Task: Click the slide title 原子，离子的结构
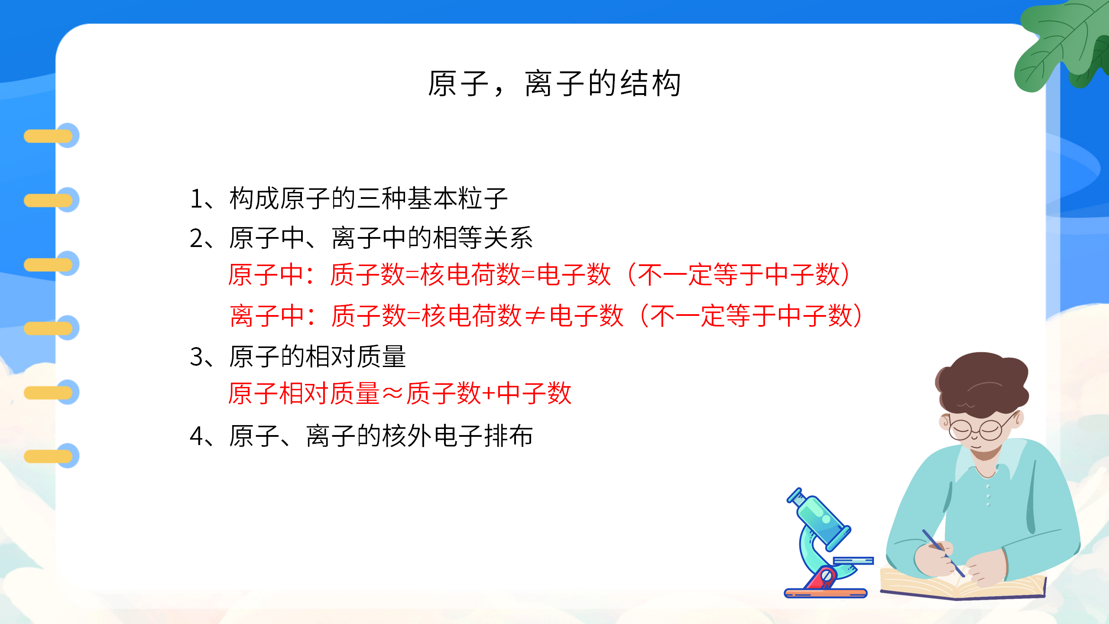554,83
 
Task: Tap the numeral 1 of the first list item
196,199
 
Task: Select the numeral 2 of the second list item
196,239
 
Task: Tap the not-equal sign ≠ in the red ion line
535,316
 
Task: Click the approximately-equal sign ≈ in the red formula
393,394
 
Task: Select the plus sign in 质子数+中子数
489,394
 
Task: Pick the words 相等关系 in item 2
483,239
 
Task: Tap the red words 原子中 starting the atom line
266,275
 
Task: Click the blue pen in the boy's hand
942,552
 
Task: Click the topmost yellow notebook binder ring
49,136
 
